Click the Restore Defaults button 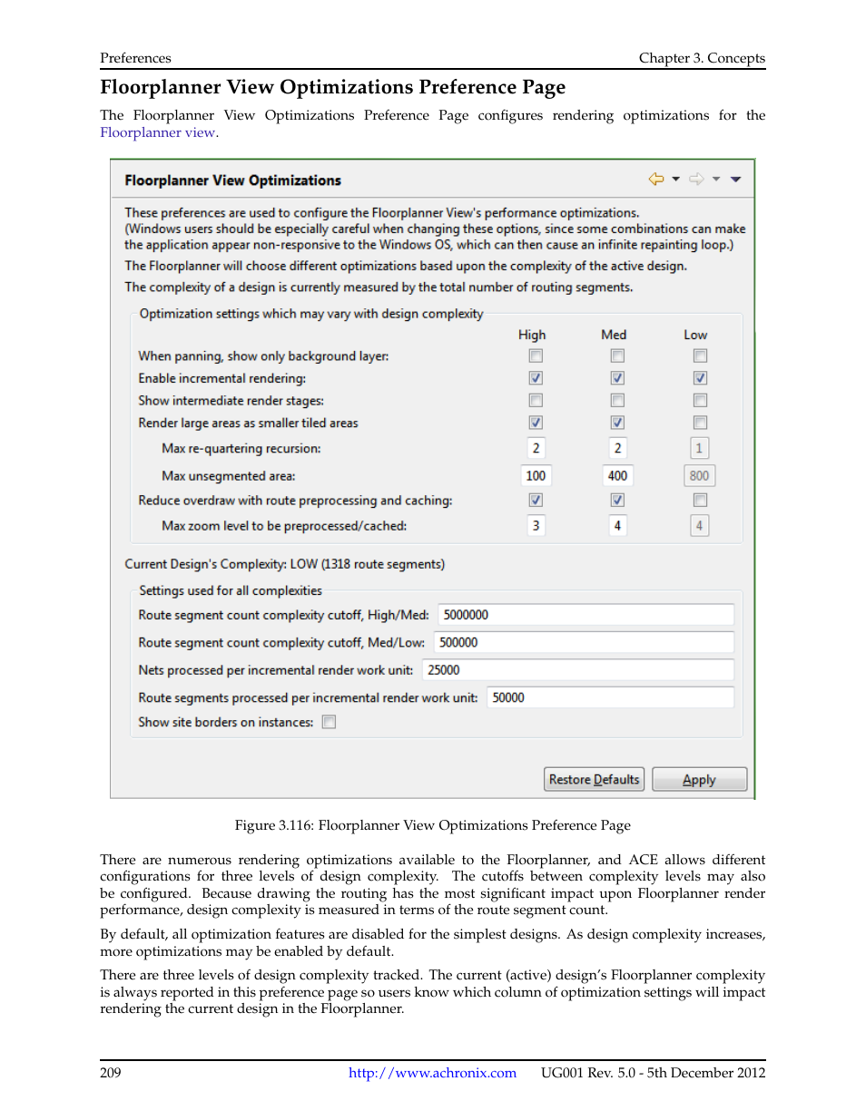coord(594,779)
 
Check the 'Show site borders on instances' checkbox coord(330,722)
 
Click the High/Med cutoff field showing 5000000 coord(586,615)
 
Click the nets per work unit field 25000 coord(577,670)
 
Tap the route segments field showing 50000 coord(609,697)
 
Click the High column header coord(532,335)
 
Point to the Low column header coord(695,335)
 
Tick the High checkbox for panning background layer coord(536,355)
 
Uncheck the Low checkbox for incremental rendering coord(700,378)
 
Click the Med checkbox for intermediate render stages coord(617,400)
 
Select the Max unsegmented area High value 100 coord(536,475)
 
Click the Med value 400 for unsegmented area coord(617,475)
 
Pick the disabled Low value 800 coord(699,475)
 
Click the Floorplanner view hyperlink coord(158,132)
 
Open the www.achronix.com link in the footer coord(432,1073)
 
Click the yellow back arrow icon coord(655,180)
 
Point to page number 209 coord(111,1073)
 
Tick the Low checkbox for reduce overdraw coord(700,500)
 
